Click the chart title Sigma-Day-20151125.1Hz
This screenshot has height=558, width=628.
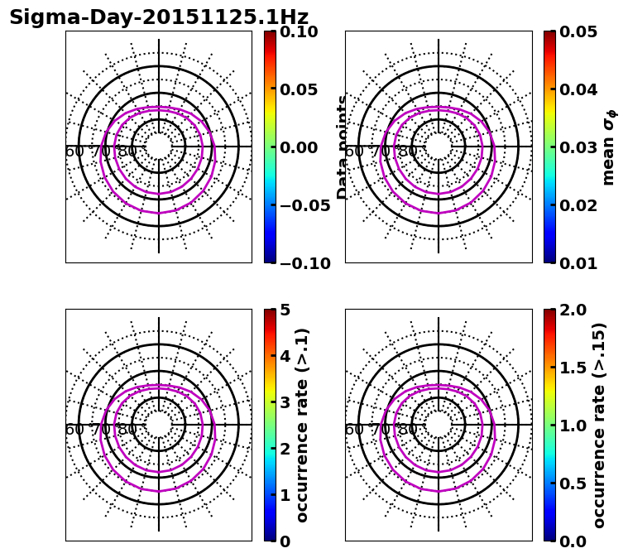pyautogui.click(x=158, y=17)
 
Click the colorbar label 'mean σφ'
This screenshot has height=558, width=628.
pyautogui.click(x=609, y=147)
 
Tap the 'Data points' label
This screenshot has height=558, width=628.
pyautogui.click(x=343, y=147)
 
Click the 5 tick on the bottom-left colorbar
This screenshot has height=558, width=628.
pyautogui.click(x=285, y=310)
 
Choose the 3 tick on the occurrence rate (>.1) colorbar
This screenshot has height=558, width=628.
pyautogui.click(x=285, y=402)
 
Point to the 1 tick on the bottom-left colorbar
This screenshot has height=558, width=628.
pyautogui.click(x=285, y=495)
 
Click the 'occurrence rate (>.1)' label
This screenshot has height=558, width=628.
pyautogui.click(x=303, y=425)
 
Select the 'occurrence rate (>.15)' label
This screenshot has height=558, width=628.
pyautogui.click(x=599, y=425)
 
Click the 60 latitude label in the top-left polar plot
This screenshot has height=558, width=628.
pyautogui.click(x=74, y=152)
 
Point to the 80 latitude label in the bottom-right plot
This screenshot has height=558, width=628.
pyautogui.click(x=407, y=430)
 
